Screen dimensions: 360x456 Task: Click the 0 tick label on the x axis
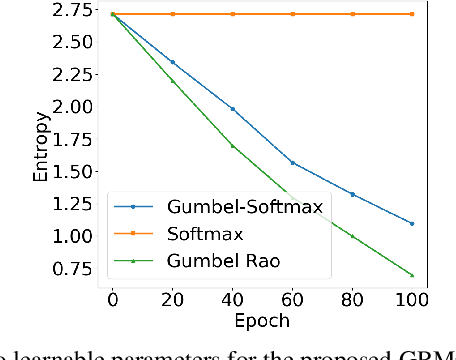[x=112, y=299]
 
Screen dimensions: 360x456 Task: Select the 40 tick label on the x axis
[x=232, y=299]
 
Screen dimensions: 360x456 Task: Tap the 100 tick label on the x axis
[x=412, y=299]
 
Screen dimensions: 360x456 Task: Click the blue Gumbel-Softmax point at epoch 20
[x=172, y=62]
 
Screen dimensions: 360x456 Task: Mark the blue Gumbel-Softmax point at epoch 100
[x=412, y=223]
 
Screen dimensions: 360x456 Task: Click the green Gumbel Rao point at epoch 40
[x=232, y=146]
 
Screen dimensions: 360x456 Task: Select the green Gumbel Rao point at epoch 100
[x=412, y=275]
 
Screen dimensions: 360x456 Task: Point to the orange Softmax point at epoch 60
[x=292, y=14]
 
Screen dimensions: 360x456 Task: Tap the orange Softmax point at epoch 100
[x=412, y=14]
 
